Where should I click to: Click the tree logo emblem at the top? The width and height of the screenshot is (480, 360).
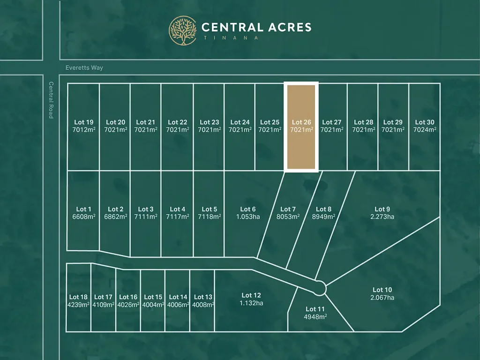tap(183, 30)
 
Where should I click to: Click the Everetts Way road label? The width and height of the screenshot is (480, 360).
tap(84, 68)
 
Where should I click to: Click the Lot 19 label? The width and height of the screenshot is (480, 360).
tap(83, 122)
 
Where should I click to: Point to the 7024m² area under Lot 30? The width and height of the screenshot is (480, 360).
tap(425, 130)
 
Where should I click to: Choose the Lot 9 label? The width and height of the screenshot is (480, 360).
tap(382, 209)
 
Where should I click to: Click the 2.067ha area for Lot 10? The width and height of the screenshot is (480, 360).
tap(382, 298)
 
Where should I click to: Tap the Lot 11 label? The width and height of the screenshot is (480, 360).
tap(315, 309)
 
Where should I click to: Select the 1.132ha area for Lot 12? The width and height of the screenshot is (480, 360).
tap(251, 303)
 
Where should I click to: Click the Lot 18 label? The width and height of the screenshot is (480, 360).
tap(78, 297)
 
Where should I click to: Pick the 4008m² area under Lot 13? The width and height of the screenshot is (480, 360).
tap(202, 304)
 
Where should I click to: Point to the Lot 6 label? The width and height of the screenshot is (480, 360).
tap(248, 209)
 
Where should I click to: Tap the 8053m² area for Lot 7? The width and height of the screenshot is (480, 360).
tap(288, 217)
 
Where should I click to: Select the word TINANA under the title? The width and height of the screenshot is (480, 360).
tap(230, 38)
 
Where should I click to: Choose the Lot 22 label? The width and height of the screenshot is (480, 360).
tap(177, 122)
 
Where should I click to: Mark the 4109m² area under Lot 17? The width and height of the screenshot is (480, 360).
tap(103, 304)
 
